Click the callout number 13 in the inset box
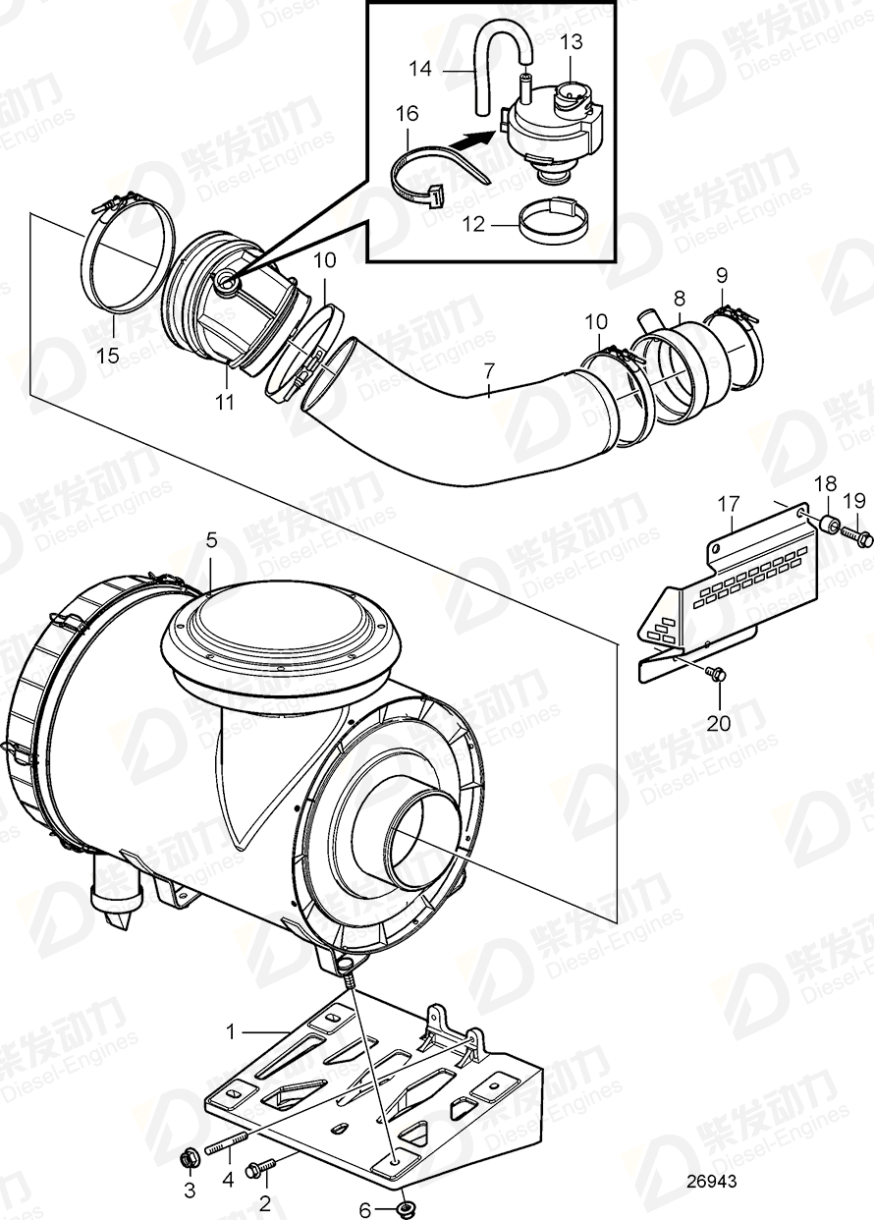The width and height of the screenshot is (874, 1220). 572,41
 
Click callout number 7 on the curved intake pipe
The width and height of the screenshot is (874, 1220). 487,371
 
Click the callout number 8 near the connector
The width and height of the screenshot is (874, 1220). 679,294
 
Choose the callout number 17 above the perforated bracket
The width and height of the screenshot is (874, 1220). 727,504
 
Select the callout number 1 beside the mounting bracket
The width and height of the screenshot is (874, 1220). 232,1032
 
